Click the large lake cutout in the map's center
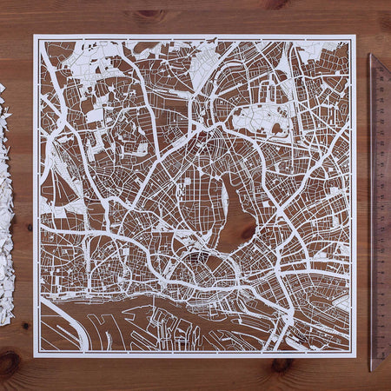tap(233, 209)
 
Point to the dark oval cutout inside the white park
tap(276, 129)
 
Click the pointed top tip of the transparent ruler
tap(372, 56)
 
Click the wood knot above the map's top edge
tap(150, 15)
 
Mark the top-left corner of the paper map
tap(35, 36)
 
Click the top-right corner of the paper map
tap(355, 36)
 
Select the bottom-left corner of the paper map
tap(35, 356)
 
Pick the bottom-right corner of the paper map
tap(355, 356)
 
